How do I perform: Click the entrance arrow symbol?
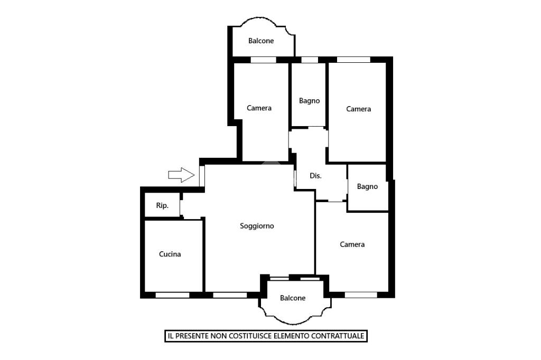point(181,175)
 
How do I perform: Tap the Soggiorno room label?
point(257,226)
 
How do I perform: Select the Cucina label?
point(170,254)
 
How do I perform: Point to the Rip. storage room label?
point(162,206)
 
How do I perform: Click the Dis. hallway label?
point(315,176)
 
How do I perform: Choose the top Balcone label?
point(261,41)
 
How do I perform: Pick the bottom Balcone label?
point(293,298)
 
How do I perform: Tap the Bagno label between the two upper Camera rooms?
point(309,101)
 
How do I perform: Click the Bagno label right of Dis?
point(367,186)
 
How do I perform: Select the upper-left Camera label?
point(259,108)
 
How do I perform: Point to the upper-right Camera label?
point(359,109)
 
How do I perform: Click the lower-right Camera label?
point(352,244)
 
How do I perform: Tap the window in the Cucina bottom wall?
point(173,295)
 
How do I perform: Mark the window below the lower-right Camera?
point(361,295)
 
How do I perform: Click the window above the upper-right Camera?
point(353,60)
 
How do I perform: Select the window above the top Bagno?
point(310,60)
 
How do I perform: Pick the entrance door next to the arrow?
point(202,176)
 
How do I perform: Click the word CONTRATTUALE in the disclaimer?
point(338,336)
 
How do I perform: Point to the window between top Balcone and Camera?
point(264,60)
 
